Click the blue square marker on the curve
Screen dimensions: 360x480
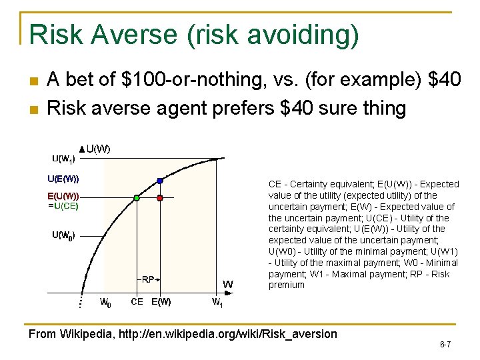click(x=160, y=180)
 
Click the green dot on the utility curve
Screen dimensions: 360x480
click(x=137, y=198)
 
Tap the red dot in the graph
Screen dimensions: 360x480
click(x=160, y=198)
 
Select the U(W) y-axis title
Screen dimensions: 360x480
click(x=98, y=149)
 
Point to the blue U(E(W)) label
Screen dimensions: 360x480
click(x=63, y=179)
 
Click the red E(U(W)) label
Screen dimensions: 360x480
click(x=63, y=197)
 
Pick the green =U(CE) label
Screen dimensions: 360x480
click(x=63, y=206)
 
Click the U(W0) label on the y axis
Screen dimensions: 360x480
click(x=63, y=235)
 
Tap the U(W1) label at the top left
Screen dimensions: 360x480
click(x=63, y=159)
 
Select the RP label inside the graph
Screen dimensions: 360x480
click(x=148, y=279)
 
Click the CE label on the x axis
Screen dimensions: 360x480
click(x=137, y=302)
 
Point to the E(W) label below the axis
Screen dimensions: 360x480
click(x=161, y=302)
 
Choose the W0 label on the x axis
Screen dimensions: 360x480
click(x=105, y=303)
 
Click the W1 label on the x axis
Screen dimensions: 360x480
click(x=217, y=303)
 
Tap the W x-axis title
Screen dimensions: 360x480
click(x=227, y=285)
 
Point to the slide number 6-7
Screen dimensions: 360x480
click(x=445, y=345)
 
